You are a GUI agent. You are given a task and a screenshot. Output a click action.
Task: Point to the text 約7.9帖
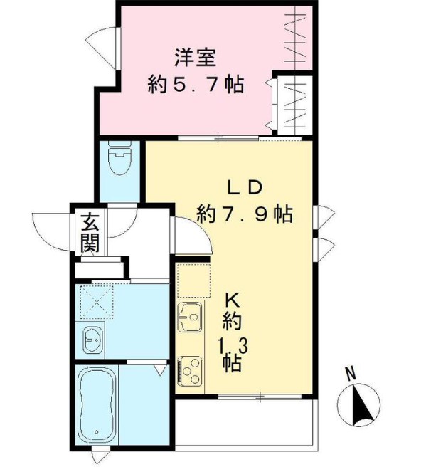pyautogui.click(x=245, y=214)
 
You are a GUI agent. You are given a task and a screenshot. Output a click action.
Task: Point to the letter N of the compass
pyautogui.click(x=350, y=372)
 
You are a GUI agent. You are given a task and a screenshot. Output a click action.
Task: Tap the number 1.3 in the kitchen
pyautogui.click(x=232, y=347)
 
